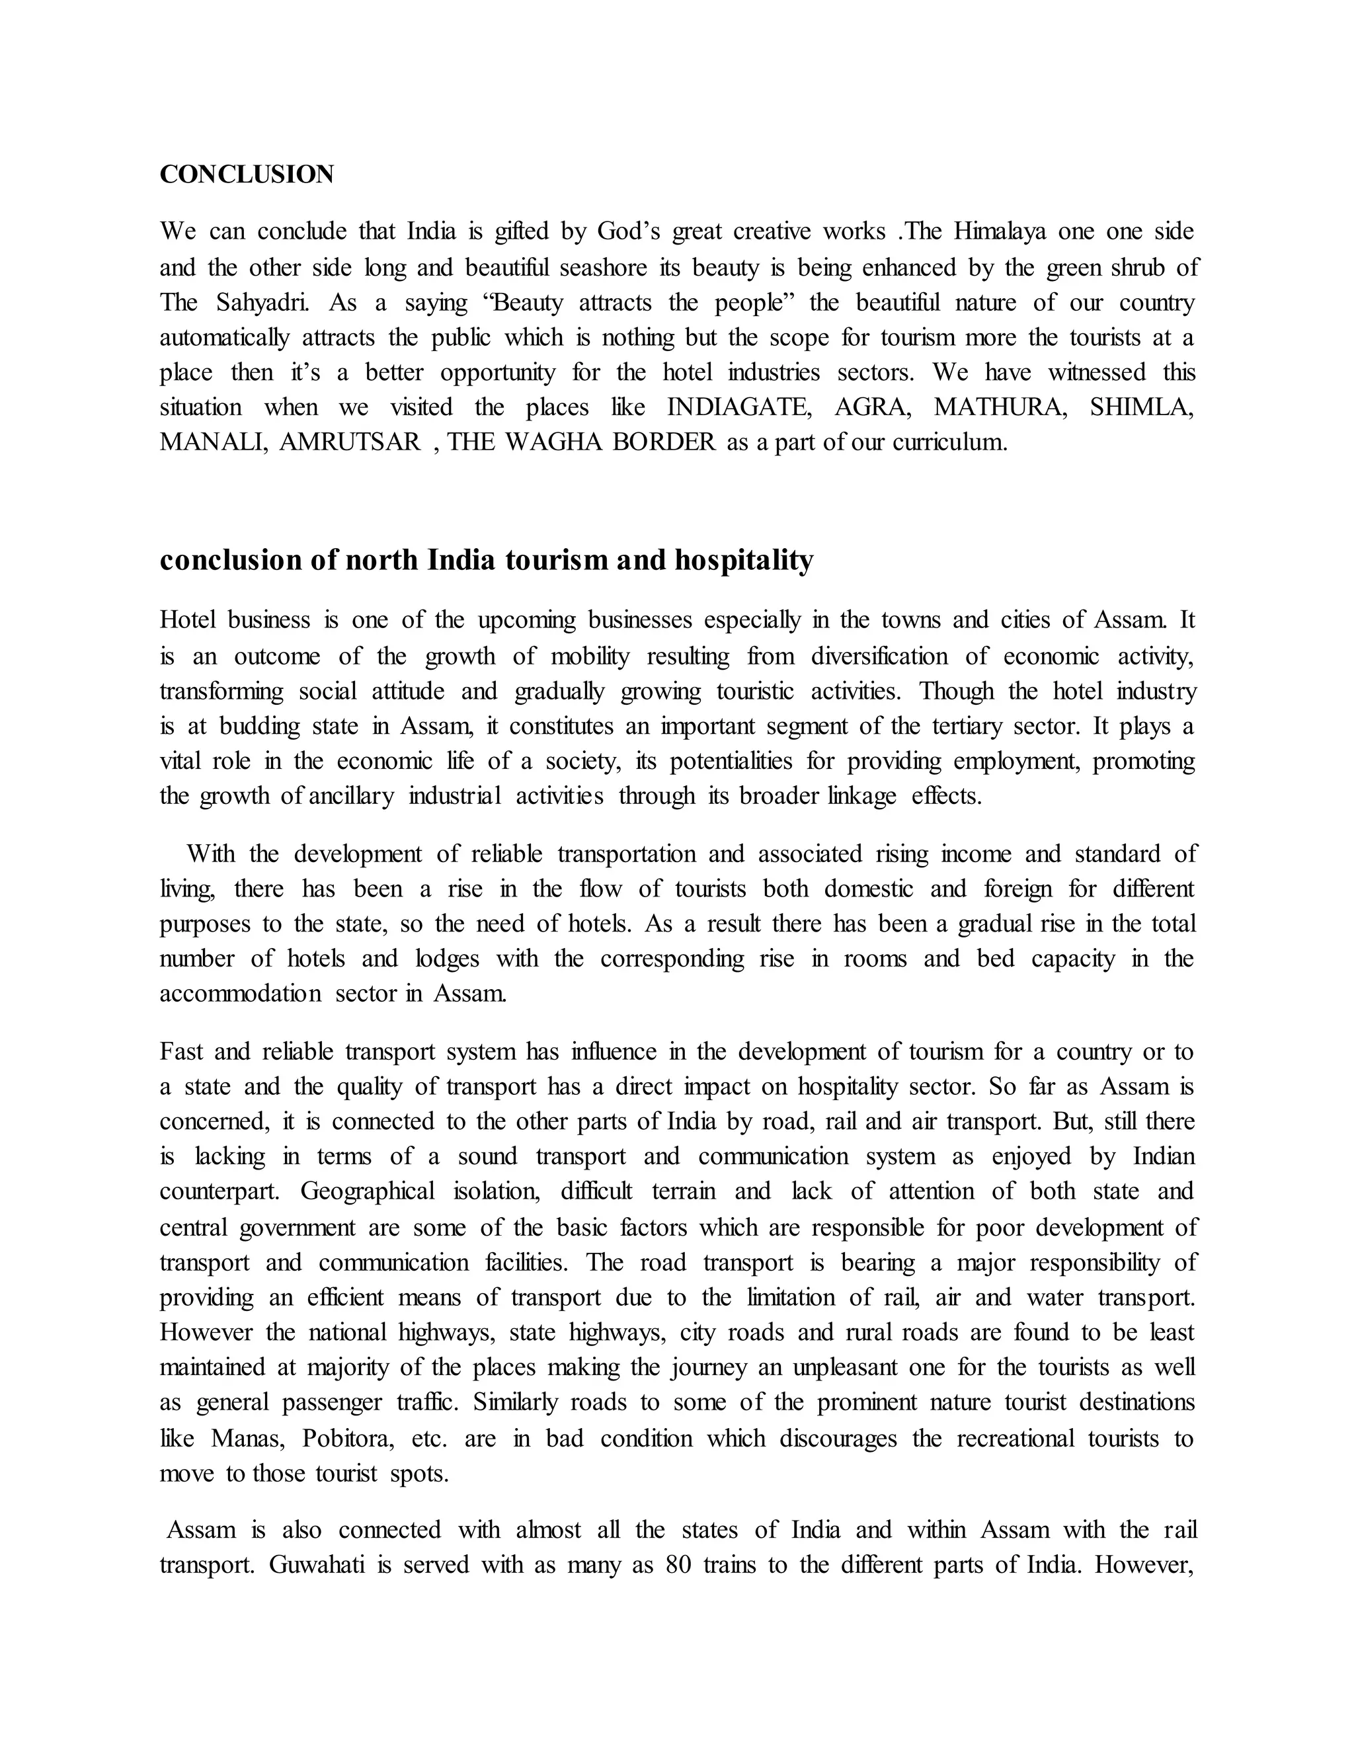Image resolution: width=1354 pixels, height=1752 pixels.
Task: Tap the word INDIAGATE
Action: pyautogui.click(x=738, y=407)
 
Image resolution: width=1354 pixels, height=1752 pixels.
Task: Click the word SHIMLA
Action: pyautogui.click(x=1141, y=407)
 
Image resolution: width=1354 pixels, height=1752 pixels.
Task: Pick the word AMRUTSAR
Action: pyautogui.click(x=350, y=442)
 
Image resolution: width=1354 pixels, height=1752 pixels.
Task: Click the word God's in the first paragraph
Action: pyautogui.click(x=628, y=232)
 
